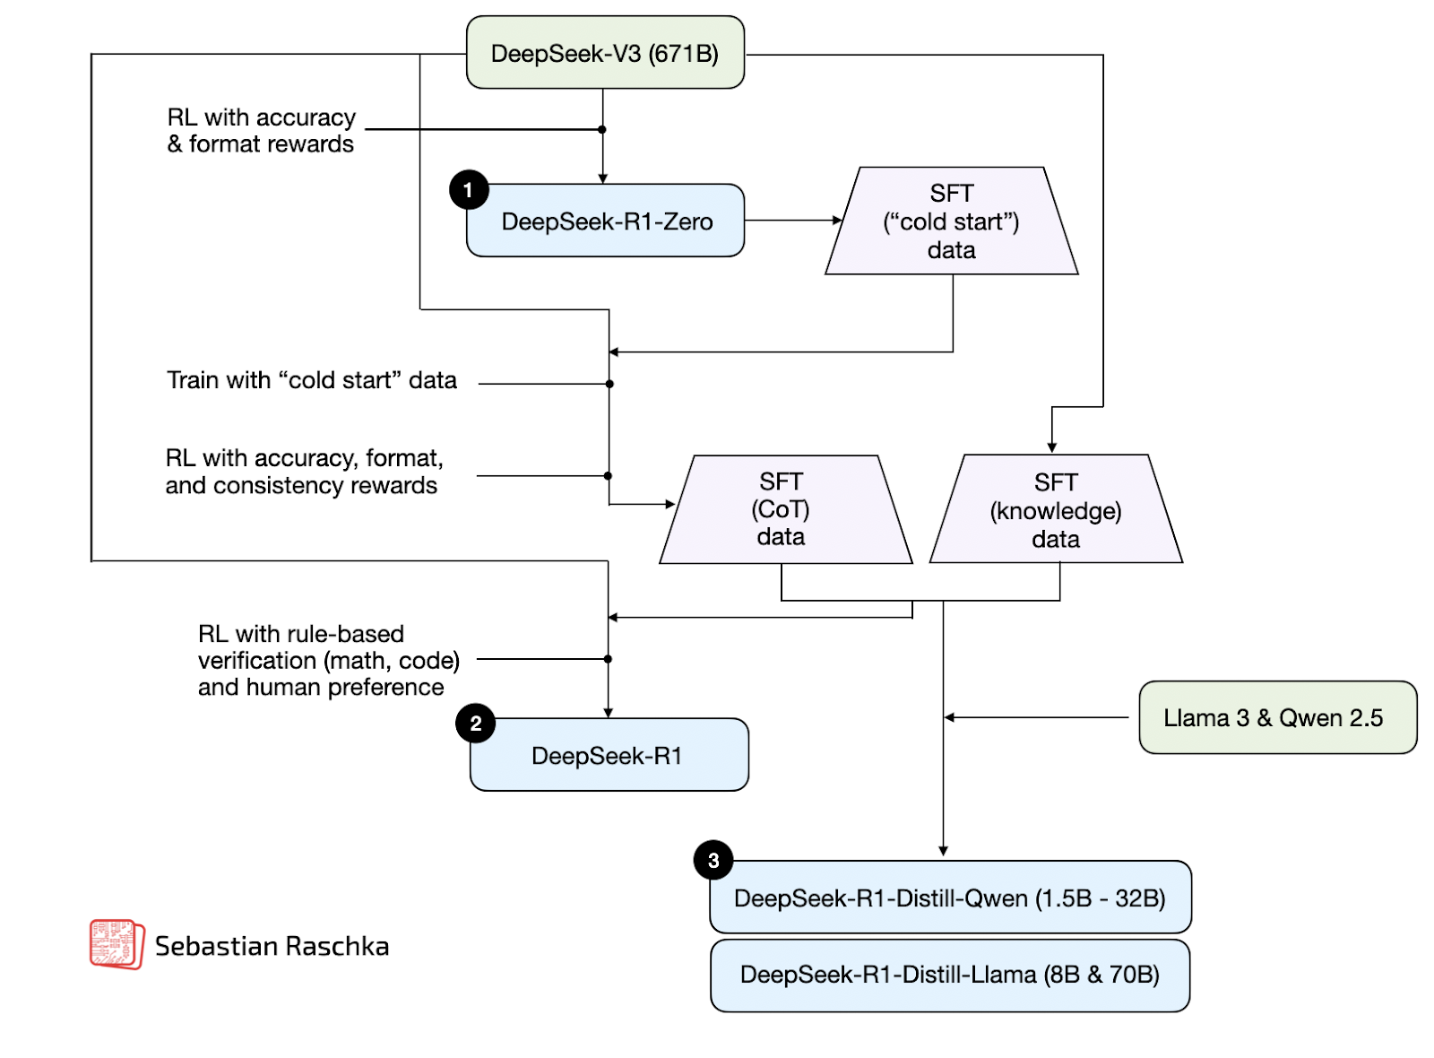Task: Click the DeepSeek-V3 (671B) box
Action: [x=605, y=53]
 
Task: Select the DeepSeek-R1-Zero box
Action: [x=606, y=221]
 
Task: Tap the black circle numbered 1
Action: [x=469, y=190]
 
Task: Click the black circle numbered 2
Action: [x=476, y=724]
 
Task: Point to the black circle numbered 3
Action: [x=713, y=861]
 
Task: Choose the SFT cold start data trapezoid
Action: [x=951, y=221]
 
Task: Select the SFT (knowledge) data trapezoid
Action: [x=1056, y=510]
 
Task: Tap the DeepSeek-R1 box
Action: [x=609, y=755]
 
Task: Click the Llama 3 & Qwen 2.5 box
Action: [x=1276, y=717]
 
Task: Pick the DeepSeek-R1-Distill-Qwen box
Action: [x=950, y=898]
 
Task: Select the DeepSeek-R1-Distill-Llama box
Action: [x=950, y=975]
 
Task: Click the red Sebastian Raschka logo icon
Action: [x=116, y=944]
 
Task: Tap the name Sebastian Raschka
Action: [x=272, y=946]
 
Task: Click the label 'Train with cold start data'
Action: [x=312, y=380]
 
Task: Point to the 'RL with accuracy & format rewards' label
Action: [x=262, y=131]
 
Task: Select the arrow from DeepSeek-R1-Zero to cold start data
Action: [x=792, y=221]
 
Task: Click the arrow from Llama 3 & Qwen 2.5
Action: [x=1035, y=717]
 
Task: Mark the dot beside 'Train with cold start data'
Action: [x=609, y=384]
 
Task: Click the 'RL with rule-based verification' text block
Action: [x=328, y=661]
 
